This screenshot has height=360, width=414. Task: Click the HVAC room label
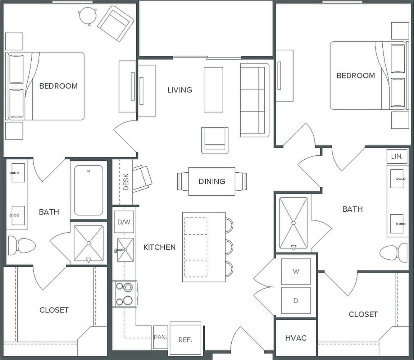point(296,338)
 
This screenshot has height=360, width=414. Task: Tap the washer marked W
point(296,272)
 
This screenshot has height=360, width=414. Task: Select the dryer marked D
point(296,300)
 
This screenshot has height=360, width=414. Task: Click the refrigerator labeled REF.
point(185,340)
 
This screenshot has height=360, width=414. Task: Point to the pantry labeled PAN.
point(160,337)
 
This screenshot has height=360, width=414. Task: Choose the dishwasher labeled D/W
point(124,222)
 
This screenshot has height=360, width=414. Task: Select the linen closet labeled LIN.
point(397,157)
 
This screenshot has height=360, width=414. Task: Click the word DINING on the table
point(212,182)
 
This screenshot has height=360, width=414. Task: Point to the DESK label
point(126,182)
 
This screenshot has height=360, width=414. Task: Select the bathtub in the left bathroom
point(88,190)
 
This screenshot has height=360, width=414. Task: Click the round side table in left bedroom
point(87,15)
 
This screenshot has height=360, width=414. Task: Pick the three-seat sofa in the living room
point(255,100)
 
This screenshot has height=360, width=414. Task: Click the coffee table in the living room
point(213,90)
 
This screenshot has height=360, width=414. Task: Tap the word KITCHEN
point(159,247)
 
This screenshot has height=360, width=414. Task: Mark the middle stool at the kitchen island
point(229,247)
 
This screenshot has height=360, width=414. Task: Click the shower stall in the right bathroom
point(293,223)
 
